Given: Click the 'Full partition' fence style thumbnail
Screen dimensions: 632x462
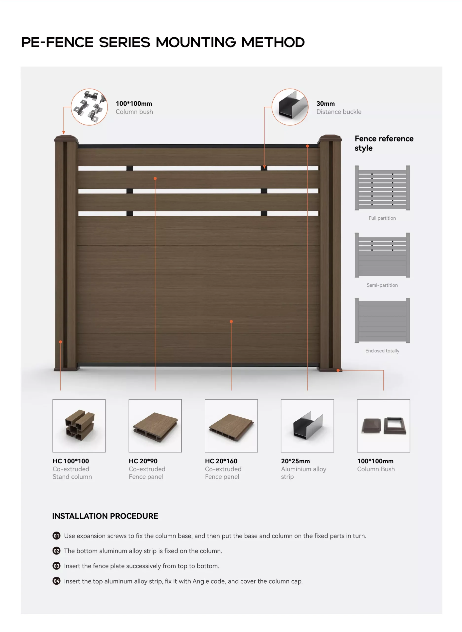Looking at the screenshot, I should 382,188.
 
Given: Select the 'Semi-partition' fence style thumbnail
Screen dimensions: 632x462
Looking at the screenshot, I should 382,255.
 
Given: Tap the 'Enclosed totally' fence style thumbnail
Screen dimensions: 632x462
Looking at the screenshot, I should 382,321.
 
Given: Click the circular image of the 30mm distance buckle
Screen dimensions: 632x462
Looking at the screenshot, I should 290,107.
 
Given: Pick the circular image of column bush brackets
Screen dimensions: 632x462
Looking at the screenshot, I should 89,107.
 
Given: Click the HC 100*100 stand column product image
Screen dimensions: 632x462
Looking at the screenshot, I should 79,426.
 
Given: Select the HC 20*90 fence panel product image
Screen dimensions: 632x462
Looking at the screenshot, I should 155,426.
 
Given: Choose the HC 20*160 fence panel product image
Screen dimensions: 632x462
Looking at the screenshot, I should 231,426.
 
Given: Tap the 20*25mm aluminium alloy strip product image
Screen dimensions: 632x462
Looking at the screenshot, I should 307,426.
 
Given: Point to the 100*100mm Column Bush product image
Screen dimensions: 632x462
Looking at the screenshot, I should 383,426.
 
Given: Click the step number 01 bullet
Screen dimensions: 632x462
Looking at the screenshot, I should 56,536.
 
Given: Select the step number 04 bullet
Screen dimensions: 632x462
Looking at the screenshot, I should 56,581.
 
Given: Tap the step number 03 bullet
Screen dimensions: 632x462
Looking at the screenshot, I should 56,566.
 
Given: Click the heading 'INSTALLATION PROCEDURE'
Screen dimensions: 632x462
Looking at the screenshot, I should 105,516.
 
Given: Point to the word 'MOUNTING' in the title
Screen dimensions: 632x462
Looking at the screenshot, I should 196,42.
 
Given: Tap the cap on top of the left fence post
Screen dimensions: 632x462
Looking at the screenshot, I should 66,138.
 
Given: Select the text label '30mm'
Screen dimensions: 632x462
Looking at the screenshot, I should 325,104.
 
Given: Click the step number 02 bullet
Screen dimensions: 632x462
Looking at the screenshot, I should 56,551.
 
